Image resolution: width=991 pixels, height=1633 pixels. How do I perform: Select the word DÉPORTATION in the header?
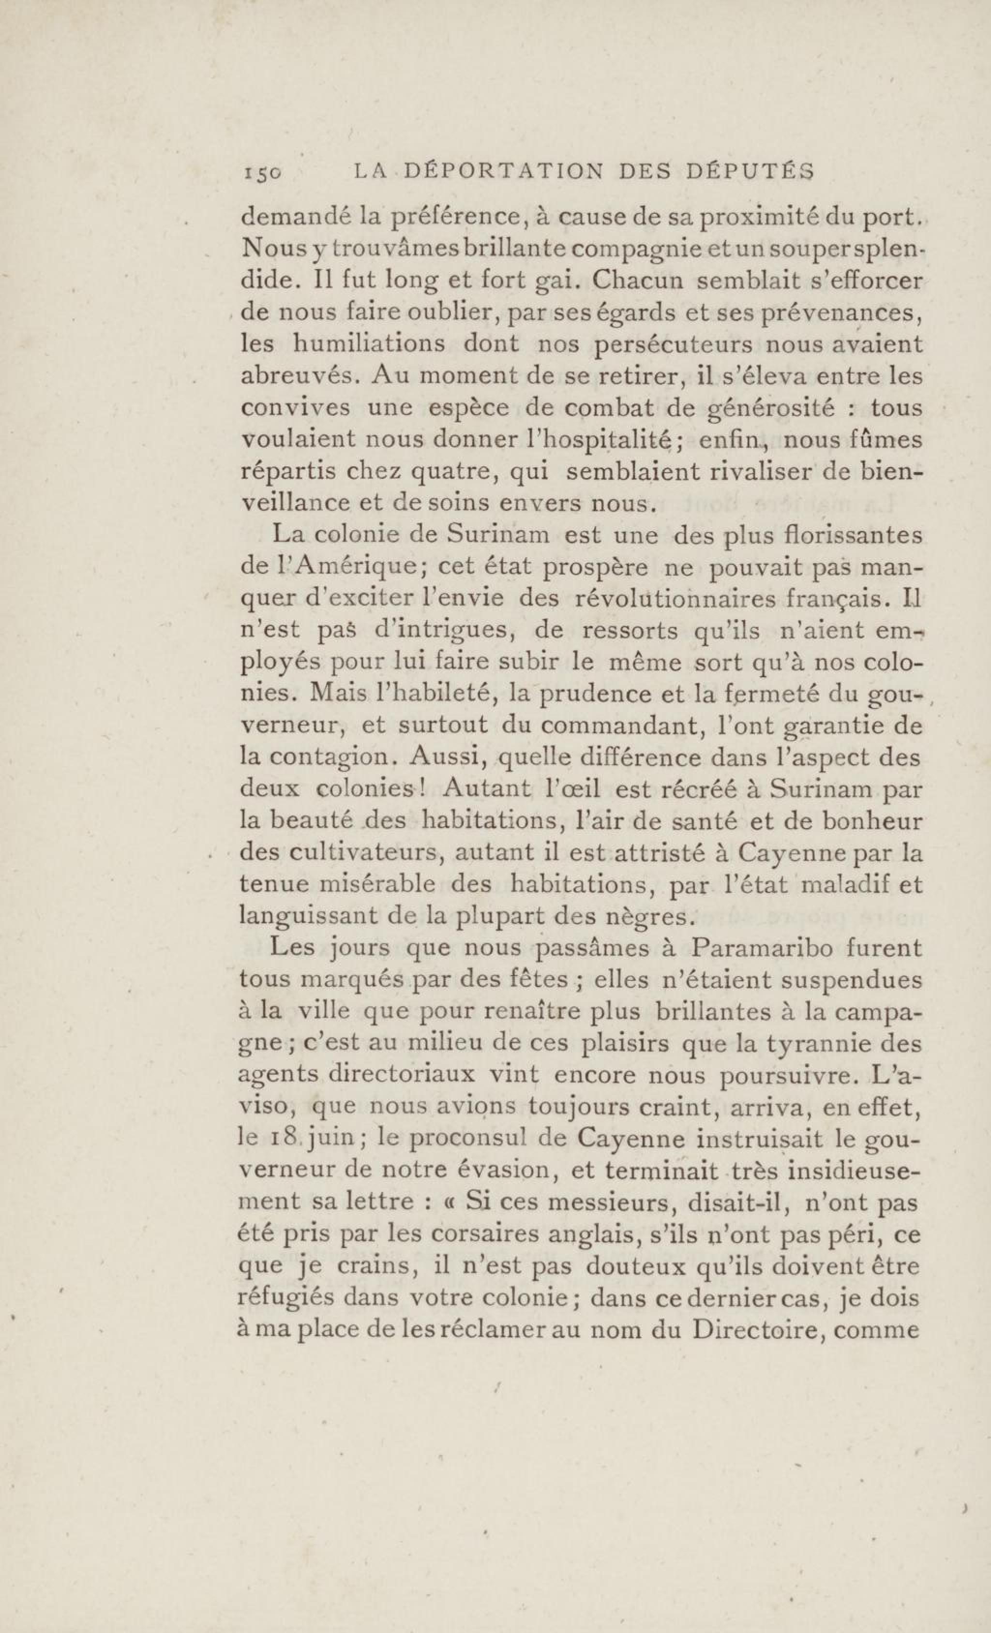click(x=503, y=172)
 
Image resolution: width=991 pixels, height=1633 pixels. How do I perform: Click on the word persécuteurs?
click(x=672, y=344)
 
